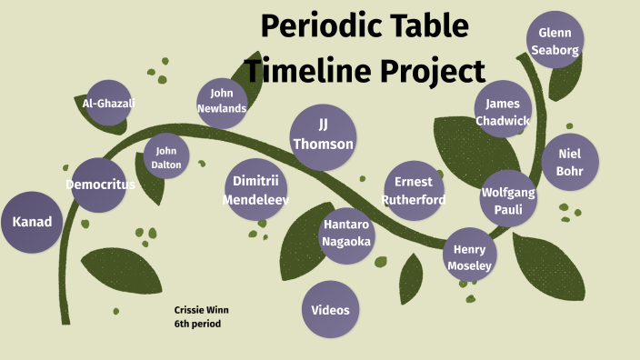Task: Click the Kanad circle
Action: pos(32,222)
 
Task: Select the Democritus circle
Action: pos(99,185)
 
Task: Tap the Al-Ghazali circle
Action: pos(108,103)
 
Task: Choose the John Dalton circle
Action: pos(167,157)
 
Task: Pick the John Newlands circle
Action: pos(222,101)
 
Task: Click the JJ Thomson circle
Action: pos(323,134)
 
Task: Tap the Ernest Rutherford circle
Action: pos(414,191)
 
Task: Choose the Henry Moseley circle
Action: pos(469,256)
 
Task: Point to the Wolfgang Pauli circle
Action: pos(508,199)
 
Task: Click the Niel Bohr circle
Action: pos(569,162)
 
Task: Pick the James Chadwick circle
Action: pos(503,111)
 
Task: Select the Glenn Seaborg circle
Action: pos(555,40)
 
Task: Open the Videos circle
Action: pos(331,310)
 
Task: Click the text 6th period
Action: pos(197,324)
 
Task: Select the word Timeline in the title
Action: pos(305,69)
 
